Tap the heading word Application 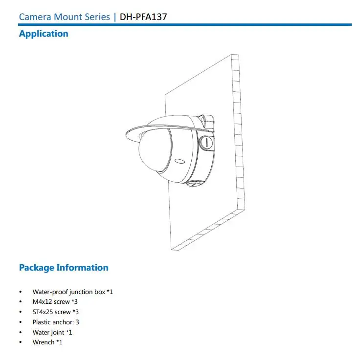[x=44, y=34]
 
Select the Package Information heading [x=64, y=268]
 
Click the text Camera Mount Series [x=65, y=17]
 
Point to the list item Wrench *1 [x=47, y=342]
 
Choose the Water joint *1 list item [x=52, y=332]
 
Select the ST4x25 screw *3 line [x=56, y=312]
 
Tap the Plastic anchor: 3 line [x=56, y=322]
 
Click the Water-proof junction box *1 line [x=73, y=292]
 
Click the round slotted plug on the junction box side [x=206, y=143]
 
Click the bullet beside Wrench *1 [x=20, y=342]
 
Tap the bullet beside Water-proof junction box [x=20, y=292]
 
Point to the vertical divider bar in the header [x=115, y=17]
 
